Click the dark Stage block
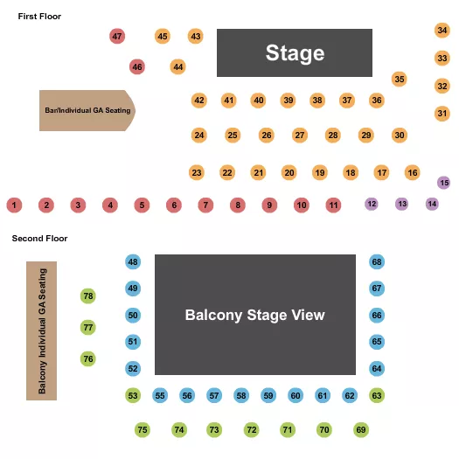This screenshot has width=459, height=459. [295, 53]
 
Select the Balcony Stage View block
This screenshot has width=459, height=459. [255, 315]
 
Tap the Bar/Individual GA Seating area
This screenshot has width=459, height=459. [86, 111]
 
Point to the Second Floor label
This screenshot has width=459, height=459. [39, 238]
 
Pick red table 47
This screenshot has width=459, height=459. [117, 36]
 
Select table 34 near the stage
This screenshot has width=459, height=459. [442, 31]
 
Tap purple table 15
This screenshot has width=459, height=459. [444, 183]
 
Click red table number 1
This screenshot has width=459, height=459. [14, 205]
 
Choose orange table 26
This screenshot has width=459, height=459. [266, 136]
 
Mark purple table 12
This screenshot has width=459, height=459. [372, 204]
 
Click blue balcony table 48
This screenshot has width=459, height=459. [133, 262]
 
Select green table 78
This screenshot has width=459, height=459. [87, 296]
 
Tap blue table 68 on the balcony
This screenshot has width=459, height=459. [377, 262]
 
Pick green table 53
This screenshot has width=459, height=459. [133, 396]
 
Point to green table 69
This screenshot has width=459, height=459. [361, 430]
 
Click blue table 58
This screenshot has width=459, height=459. [241, 396]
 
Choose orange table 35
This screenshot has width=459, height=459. [400, 80]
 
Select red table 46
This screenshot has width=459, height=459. [136, 66]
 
